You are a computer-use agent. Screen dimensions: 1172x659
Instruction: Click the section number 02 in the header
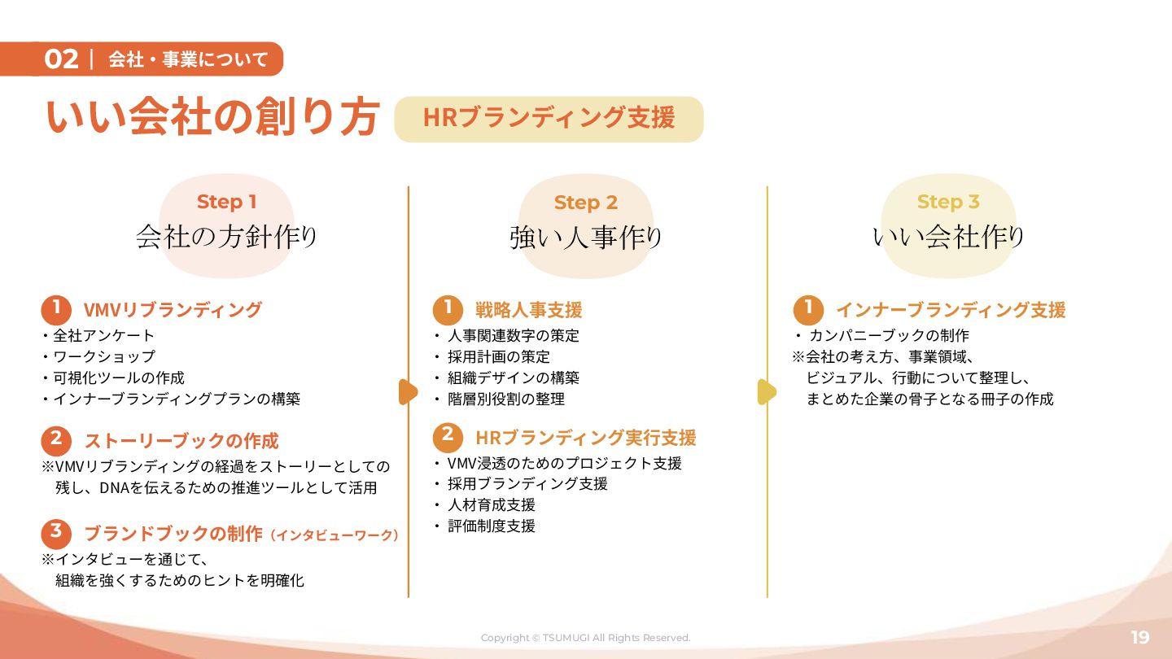point(61,59)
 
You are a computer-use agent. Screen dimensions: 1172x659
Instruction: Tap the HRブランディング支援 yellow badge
point(549,119)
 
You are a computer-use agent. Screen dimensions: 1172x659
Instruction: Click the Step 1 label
point(226,202)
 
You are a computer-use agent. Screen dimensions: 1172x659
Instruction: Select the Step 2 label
point(586,203)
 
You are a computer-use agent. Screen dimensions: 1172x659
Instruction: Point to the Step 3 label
point(948,202)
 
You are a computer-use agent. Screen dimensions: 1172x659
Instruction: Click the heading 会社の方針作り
point(226,237)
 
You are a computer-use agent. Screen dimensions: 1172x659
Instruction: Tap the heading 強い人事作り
point(586,238)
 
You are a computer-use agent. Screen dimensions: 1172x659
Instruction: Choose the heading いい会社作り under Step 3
point(948,238)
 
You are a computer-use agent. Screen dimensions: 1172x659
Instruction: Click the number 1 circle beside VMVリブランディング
point(56,309)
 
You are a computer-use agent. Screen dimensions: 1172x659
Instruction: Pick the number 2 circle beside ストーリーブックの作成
point(56,440)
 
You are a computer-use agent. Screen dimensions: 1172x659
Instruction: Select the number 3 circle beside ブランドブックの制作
point(56,533)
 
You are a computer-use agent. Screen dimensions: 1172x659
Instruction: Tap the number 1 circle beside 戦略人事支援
point(448,309)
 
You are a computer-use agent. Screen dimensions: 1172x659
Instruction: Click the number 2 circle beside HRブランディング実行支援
point(448,437)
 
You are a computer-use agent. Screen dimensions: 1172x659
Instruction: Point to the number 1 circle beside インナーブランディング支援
point(808,309)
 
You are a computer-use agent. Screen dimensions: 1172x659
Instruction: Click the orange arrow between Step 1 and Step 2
point(408,392)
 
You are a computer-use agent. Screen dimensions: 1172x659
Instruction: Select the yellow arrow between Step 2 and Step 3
point(767,392)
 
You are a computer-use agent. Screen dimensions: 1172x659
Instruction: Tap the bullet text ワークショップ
point(103,356)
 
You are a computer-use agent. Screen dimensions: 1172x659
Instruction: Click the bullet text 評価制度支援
point(491,526)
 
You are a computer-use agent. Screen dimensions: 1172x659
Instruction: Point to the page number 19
point(1139,637)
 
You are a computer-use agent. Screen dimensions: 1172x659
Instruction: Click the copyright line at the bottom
point(585,638)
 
